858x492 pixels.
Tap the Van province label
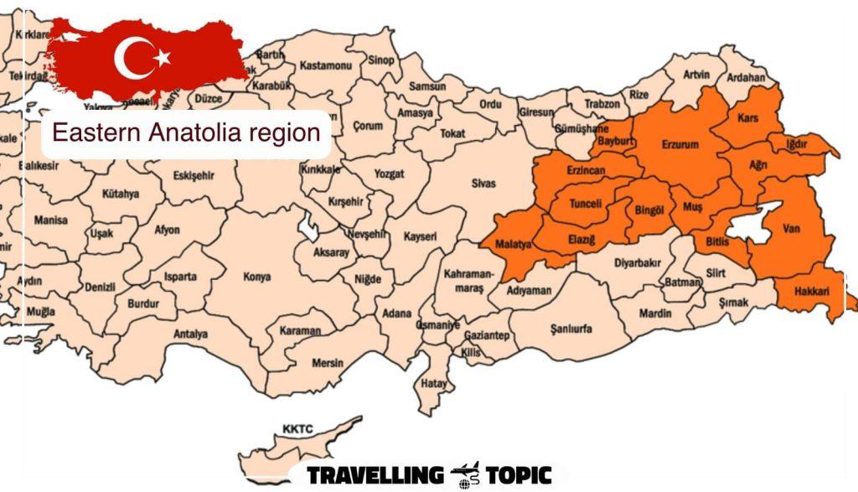pyautogui.click(x=791, y=227)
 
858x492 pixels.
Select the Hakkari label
pyautogui.click(x=809, y=293)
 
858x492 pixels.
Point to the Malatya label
pyautogui.click(x=514, y=245)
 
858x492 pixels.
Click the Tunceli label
pyautogui.click(x=586, y=204)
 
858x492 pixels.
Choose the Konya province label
pyautogui.click(x=256, y=277)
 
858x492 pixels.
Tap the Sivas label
pyautogui.click(x=483, y=183)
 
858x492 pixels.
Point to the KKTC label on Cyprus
pyautogui.click(x=297, y=429)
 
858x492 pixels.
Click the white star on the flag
pyautogui.click(x=163, y=57)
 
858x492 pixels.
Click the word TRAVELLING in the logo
pyautogui.click(x=374, y=475)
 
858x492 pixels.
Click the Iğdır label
pyautogui.click(x=796, y=144)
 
